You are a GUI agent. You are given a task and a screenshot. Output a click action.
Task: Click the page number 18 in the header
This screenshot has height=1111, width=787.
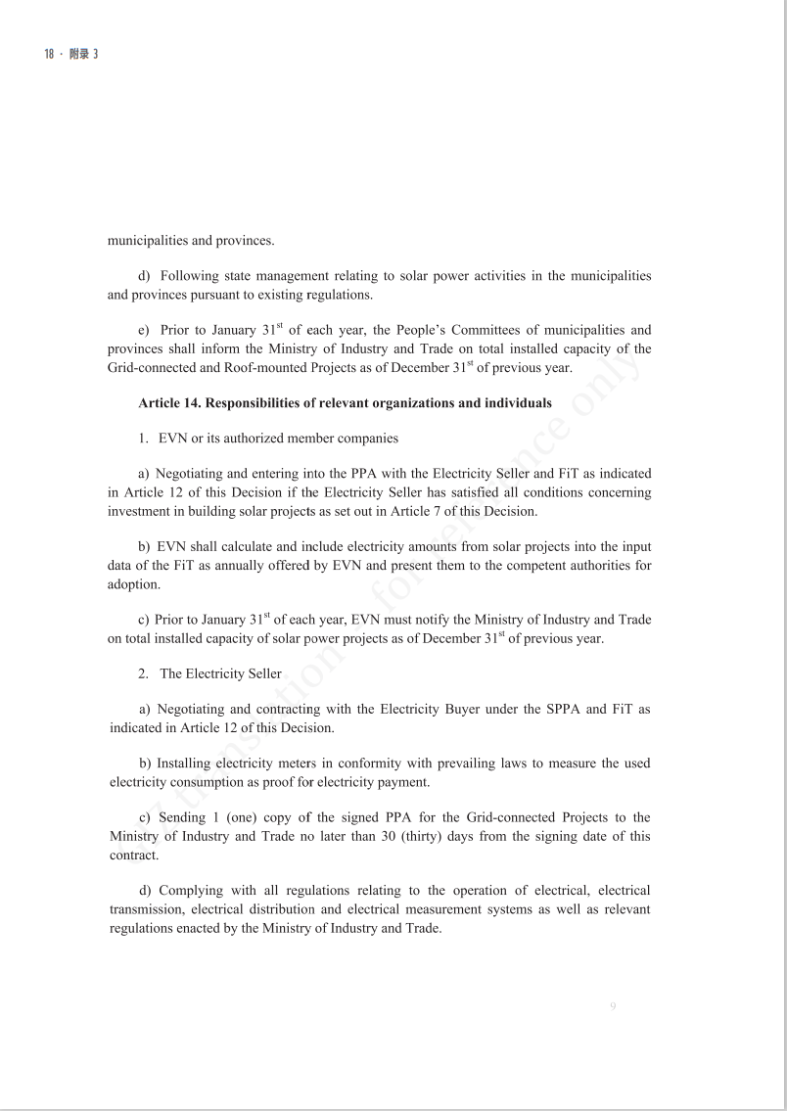pyautogui.click(x=49, y=55)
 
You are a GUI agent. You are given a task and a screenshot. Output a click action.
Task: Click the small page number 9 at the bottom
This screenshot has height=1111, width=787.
pyautogui.click(x=613, y=1006)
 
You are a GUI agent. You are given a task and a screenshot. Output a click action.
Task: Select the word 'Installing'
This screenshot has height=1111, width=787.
pyautogui.click(x=186, y=764)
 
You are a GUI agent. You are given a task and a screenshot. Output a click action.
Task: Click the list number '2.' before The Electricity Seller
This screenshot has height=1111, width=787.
pyautogui.click(x=144, y=673)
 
